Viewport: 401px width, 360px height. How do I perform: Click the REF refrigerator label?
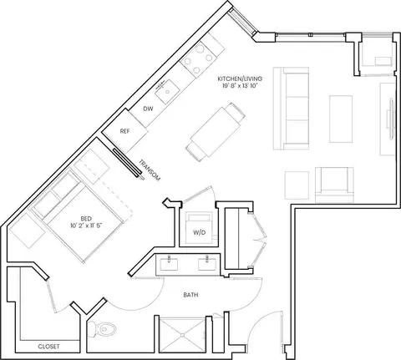(124, 131)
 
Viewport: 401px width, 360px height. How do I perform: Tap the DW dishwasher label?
(148, 109)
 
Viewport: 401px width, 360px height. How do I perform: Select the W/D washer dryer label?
(200, 232)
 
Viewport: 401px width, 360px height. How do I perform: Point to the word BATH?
(190, 295)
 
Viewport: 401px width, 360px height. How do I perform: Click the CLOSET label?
(48, 347)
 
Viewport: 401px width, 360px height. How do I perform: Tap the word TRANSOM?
(150, 170)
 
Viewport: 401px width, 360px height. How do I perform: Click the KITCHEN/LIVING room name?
(240, 79)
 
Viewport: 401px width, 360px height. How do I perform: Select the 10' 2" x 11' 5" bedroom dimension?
(86, 226)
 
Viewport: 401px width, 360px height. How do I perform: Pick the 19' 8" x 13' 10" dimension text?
(239, 86)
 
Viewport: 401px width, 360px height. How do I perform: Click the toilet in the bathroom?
(101, 330)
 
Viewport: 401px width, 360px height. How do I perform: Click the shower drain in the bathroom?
(182, 335)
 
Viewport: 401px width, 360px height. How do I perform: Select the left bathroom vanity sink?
(169, 264)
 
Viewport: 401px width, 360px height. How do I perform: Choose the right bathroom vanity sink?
(207, 264)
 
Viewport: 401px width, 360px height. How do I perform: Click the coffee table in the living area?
(341, 119)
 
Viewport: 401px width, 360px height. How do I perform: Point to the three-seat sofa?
(291, 109)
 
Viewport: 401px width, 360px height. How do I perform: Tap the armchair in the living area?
(334, 185)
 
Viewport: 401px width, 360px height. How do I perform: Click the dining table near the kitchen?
(216, 132)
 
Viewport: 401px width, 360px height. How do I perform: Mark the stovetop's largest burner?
(200, 48)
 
